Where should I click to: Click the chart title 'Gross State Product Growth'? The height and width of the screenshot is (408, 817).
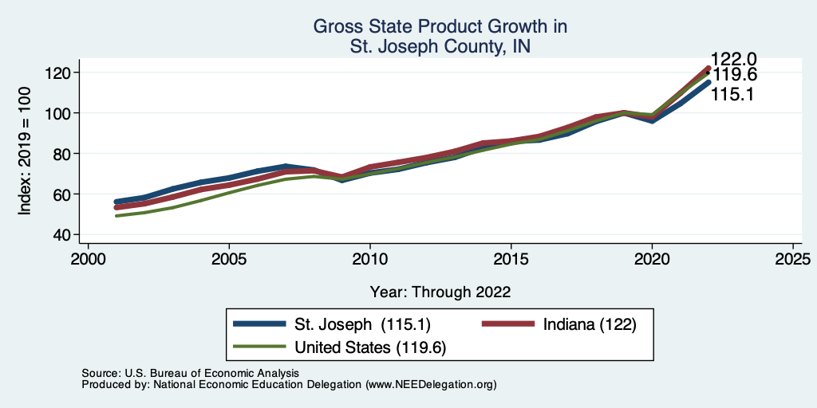[440, 27]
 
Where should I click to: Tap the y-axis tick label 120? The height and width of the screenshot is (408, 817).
[58, 73]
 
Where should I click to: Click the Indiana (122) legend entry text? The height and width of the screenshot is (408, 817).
[589, 324]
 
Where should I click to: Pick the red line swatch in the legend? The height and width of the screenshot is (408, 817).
[508, 324]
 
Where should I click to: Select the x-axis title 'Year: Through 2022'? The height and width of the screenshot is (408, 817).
[440, 292]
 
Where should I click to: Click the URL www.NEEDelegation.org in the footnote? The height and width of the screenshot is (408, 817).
[431, 385]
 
